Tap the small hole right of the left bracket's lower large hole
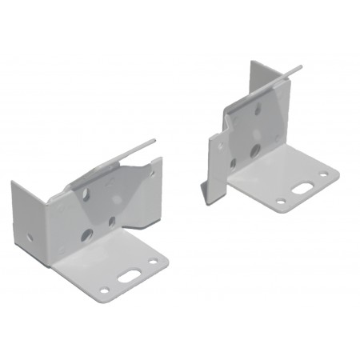113,222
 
